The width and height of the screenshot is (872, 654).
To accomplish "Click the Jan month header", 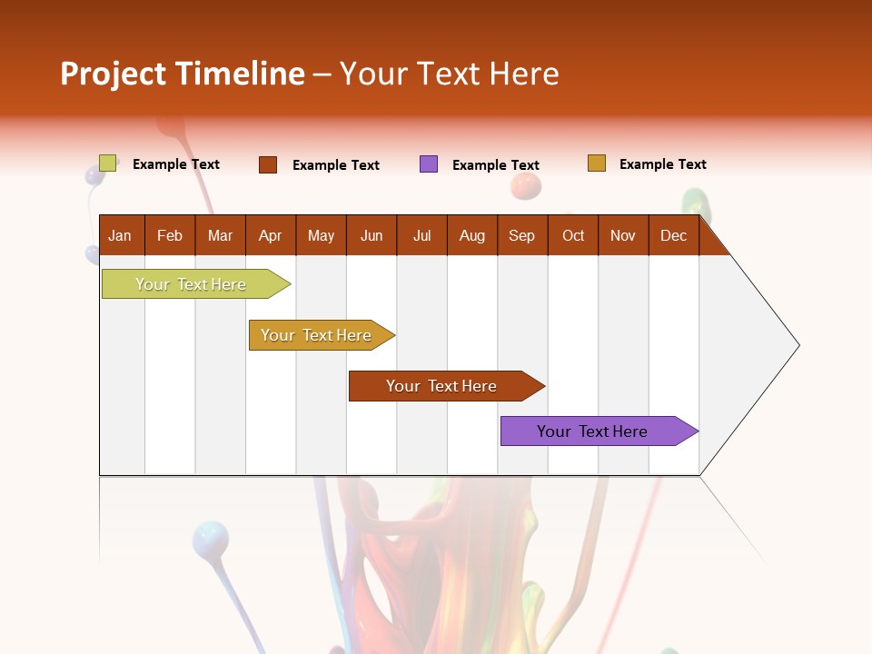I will pyautogui.click(x=121, y=235).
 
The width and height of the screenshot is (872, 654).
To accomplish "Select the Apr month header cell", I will pyautogui.click(x=271, y=235).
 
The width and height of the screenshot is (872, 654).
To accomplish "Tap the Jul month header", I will pyautogui.click(x=421, y=235).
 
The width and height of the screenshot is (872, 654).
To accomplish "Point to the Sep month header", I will pyautogui.click(x=522, y=235).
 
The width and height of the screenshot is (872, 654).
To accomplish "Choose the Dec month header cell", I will pyautogui.click(x=673, y=235).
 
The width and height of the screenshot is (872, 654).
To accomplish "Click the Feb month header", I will pyautogui.click(x=170, y=235).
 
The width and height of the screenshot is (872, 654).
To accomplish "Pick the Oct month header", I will pyautogui.click(x=573, y=235).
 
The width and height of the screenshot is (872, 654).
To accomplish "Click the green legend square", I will pyautogui.click(x=108, y=163).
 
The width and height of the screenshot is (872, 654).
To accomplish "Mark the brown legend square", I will pyautogui.click(x=268, y=164).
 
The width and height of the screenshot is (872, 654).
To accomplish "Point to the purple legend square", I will pyautogui.click(x=429, y=164).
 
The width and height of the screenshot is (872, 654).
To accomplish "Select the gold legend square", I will pyautogui.click(x=597, y=163).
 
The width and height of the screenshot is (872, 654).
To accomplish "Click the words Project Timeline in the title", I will pyautogui.click(x=183, y=74).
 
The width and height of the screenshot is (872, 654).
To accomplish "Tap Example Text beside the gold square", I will pyautogui.click(x=662, y=164).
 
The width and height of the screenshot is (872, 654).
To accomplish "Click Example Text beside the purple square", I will pyautogui.click(x=495, y=165).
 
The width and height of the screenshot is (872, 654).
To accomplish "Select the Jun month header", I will pyautogui.click(x=372, y=235).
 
